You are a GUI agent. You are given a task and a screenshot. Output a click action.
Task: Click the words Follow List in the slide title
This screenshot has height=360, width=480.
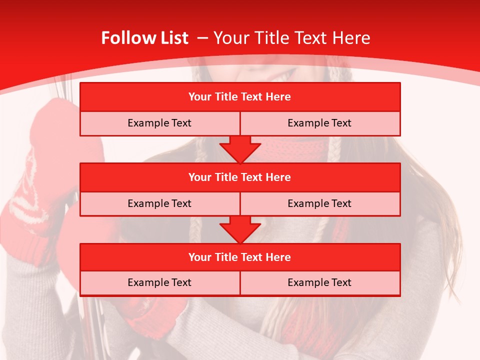pos(144,38)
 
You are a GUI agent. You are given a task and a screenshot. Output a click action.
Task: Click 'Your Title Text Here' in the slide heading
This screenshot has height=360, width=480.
pos(291,38)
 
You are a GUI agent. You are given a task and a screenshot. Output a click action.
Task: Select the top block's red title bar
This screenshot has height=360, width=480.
pos(240,97)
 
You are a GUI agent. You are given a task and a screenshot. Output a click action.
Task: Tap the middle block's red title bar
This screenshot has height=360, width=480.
pos(240,177)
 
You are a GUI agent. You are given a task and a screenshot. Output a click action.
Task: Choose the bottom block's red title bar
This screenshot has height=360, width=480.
pos(240,257)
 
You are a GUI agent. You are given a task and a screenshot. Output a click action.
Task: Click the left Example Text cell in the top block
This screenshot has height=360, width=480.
pos(159,123)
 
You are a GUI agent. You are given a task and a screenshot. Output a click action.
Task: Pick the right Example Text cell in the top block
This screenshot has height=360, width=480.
pos(319,123)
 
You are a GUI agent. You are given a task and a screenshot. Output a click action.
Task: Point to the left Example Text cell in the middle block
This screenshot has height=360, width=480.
pos(159,203)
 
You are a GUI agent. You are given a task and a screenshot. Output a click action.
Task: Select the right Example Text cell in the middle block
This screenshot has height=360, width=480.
pos(319,203)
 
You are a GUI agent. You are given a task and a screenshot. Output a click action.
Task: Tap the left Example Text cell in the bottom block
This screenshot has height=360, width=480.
pos(159,282)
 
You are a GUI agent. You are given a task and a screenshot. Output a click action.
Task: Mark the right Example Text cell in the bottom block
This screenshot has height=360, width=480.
pos(319,282)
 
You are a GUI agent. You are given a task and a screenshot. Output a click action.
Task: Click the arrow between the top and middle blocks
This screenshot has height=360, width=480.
pos(240,149)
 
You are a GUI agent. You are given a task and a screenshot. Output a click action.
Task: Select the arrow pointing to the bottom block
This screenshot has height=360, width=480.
pos(240,229)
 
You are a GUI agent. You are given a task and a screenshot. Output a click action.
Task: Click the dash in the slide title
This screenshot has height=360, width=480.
pos(202,38)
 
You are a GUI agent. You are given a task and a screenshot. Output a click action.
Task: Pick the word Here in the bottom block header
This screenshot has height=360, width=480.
pos(278,257)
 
